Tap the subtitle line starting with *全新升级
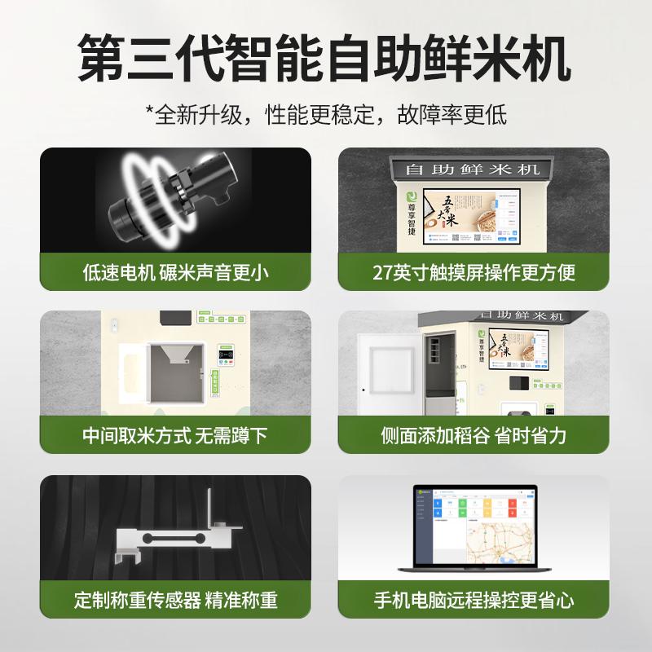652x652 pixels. tap(325, 114)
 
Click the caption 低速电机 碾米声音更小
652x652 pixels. tap(175, 272)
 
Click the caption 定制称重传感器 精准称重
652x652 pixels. tap(175, 601)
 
